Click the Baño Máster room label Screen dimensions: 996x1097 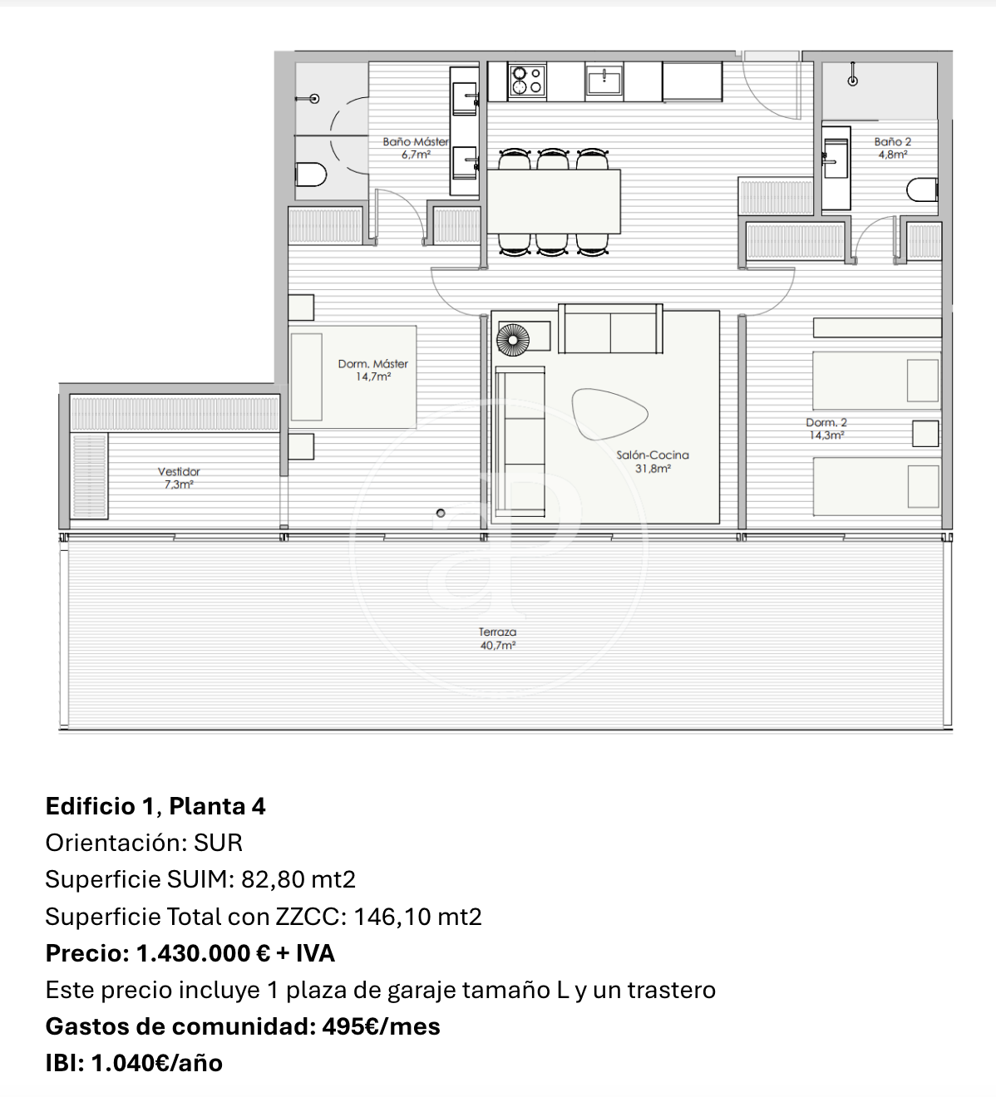(x=416, y=148)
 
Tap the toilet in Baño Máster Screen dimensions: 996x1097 (x=311, y=175)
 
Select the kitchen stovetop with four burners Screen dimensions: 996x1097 (x=527, y=81)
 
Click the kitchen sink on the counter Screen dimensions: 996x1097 (x=604, y=81)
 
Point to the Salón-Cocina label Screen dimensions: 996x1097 (x=653, y=461)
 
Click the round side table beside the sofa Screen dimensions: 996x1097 (x=513, y=340)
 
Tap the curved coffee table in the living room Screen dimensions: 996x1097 (x=609, y=414)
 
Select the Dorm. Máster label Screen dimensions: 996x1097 (x=373, y=370)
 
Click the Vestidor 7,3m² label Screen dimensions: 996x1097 (x=179, y=477)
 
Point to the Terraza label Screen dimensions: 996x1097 (x=497, y=638)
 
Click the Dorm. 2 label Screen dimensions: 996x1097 (x=826, y=429)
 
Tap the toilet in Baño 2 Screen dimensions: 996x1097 (x=922, y=190)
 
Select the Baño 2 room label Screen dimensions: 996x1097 (x=893, y=148)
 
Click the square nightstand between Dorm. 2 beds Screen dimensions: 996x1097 (x=925, y=434)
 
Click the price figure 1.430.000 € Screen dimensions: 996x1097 (x=203, y=953)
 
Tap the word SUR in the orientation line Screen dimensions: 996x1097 (x=218, y=843)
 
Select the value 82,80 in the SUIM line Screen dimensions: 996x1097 (x=273, y=879)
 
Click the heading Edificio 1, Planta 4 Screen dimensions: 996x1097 (x=155, y=806)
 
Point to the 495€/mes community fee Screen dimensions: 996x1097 (x=381, y=1026)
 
